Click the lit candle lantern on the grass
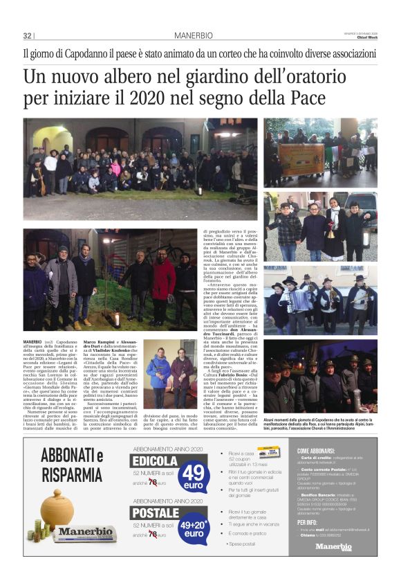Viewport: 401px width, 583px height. (x=117, y=318)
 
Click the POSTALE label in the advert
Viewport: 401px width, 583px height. (x=156, y=513)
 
